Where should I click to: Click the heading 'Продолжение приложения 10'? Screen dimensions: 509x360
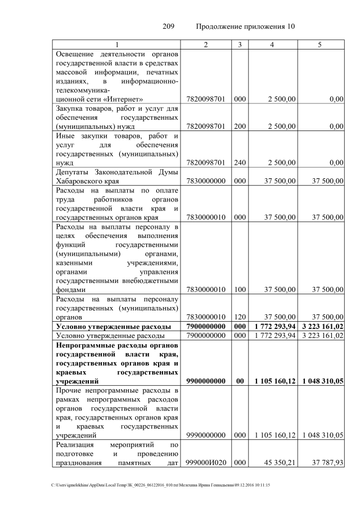pyautogui.click(x=245, y=26)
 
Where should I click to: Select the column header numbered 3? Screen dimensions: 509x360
pyautogui.click(x=240, y=44)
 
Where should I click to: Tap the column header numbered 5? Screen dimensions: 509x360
pyautogui.click(x=320, y=44)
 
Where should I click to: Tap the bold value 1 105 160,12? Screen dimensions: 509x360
pyautogui.click(x=273, y=381)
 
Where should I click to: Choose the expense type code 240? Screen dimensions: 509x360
pyautogui.click(x=240, y=163)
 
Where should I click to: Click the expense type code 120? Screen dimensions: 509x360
pyautogui.click(x=240, y=317)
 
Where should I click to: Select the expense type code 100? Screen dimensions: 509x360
pyautogui.click(x=240, y=290)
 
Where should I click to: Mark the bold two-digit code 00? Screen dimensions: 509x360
pyautogui.click(x=240, y=381)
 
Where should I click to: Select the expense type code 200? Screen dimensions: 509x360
pyautogui.click(x=240, y=126)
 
